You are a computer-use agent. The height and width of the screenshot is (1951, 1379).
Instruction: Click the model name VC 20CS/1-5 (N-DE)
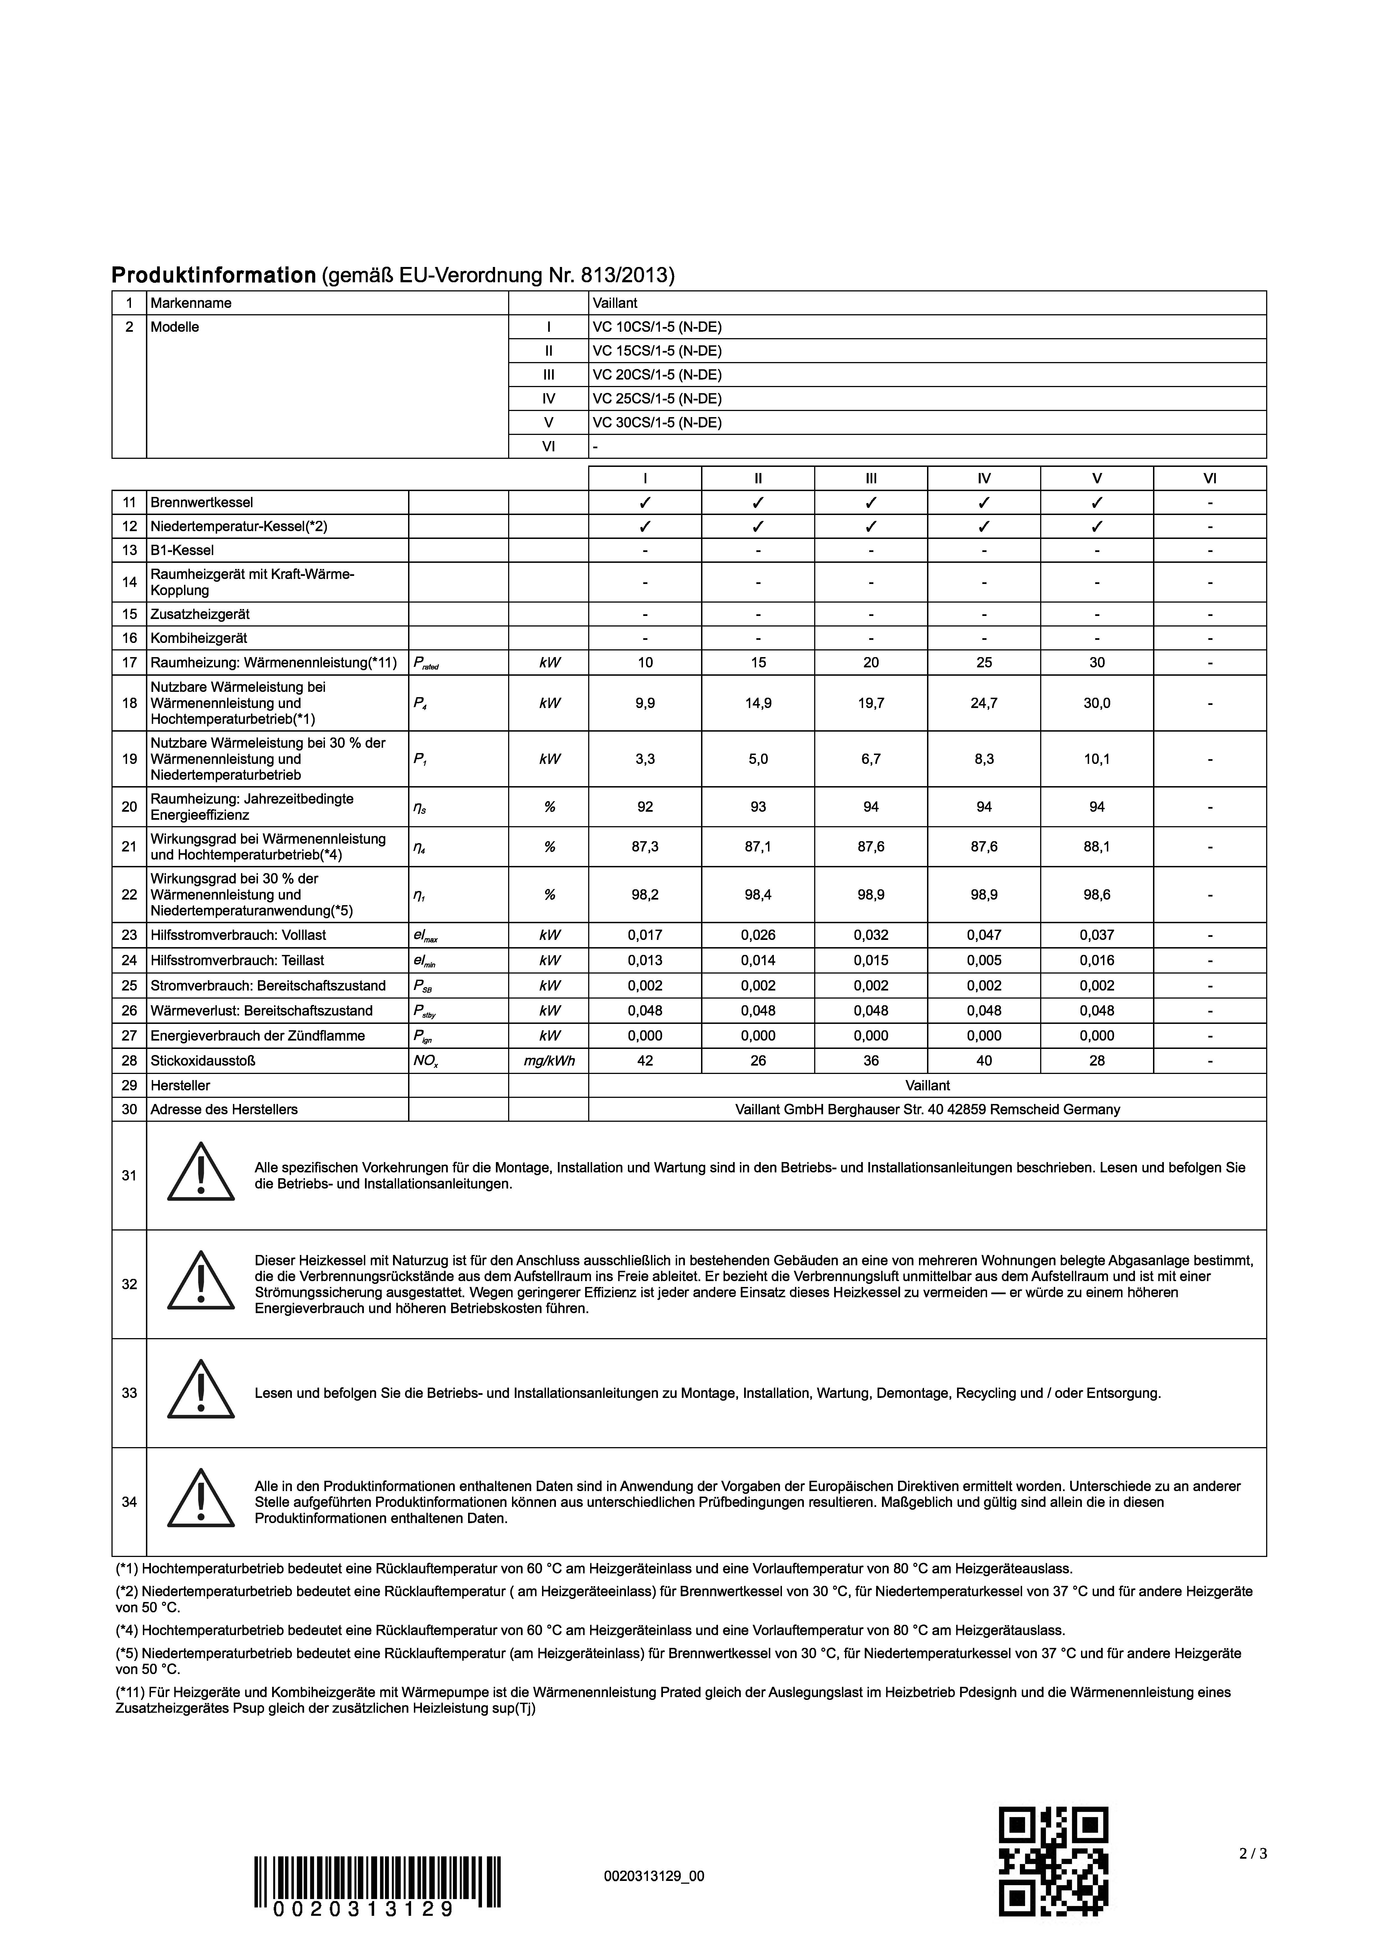657,375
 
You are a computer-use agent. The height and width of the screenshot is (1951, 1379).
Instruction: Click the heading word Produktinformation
213,275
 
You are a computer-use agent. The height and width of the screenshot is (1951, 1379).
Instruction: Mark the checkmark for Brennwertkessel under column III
871,502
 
